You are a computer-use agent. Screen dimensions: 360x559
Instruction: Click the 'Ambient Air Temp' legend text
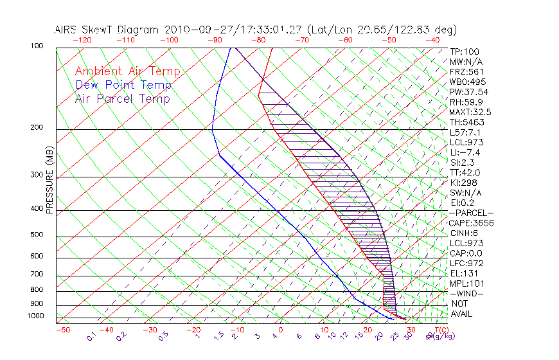tap(127, 71)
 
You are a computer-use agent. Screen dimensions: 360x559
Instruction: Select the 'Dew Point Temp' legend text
tap(123, 85)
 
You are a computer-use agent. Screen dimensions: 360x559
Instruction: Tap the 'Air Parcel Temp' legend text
tap(122, 98)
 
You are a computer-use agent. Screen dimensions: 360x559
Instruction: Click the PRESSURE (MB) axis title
tap(50, 180)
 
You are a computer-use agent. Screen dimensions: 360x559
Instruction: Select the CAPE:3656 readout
tap(472, 223)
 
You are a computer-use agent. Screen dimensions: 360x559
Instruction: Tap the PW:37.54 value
tap(469, 92)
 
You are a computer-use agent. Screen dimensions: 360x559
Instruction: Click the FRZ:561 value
tap(466, 71)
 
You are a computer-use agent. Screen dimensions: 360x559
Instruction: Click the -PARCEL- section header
tap(472, 213)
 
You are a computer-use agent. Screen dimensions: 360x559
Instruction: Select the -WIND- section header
tap(466, 293)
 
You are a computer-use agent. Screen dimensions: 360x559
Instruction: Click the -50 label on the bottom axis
tap(62, 330)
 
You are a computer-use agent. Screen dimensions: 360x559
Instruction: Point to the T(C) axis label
tap(442, 330)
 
